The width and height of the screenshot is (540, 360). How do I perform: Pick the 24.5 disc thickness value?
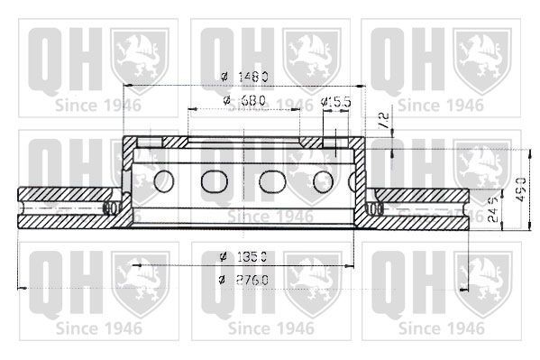(x=491, y=213)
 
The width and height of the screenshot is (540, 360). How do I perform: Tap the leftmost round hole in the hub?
(x=164, y=180)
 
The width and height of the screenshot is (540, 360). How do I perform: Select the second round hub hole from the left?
(x=215, y=180)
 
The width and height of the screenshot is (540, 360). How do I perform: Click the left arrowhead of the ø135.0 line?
(x=136, y=265)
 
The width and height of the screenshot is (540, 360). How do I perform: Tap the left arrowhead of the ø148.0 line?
(x=127, y=85)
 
